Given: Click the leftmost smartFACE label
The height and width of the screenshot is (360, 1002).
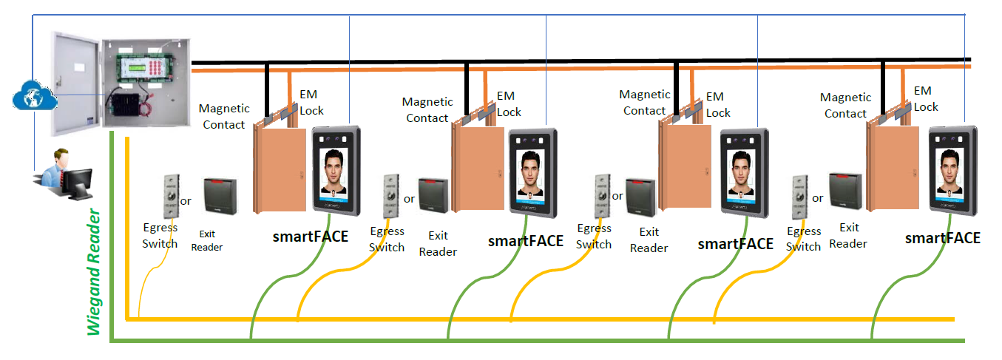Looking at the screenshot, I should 311,237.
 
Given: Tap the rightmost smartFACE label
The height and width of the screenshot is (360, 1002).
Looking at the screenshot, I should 943,238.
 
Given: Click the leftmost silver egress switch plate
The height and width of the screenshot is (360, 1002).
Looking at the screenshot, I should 171,197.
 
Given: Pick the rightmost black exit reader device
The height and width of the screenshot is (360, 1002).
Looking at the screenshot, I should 845,193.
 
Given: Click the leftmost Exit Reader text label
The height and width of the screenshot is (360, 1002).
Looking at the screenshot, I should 206,240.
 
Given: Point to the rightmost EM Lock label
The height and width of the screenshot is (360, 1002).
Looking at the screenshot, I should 925,98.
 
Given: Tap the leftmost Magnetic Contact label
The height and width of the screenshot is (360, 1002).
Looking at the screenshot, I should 224,117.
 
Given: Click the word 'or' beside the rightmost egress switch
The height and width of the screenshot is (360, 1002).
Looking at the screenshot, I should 817,198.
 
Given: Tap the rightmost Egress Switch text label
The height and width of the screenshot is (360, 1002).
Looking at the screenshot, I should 804,239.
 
